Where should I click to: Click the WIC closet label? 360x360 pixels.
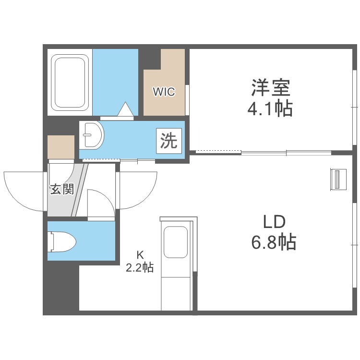(164, 92)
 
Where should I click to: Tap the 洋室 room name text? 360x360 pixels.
(271, 88)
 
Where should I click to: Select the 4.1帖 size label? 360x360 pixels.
(270, 108)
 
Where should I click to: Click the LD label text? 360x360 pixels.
(274, 222)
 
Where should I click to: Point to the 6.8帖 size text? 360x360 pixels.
(274, 242)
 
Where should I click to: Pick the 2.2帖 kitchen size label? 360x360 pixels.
(140, 267)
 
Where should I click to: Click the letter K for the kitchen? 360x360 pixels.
(140, 255)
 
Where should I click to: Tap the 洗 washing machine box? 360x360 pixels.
(169, 141)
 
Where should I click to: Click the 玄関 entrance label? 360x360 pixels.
(62, 190)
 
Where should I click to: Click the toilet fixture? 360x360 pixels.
(61, 242)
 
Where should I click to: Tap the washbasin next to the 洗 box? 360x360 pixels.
(91, 135)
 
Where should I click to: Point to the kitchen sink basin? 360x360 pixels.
(176, 242)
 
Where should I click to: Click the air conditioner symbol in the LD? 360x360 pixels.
(338, 180)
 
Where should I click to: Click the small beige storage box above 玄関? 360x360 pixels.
(61, 147)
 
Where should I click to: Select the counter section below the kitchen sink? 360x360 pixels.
(176, 293)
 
